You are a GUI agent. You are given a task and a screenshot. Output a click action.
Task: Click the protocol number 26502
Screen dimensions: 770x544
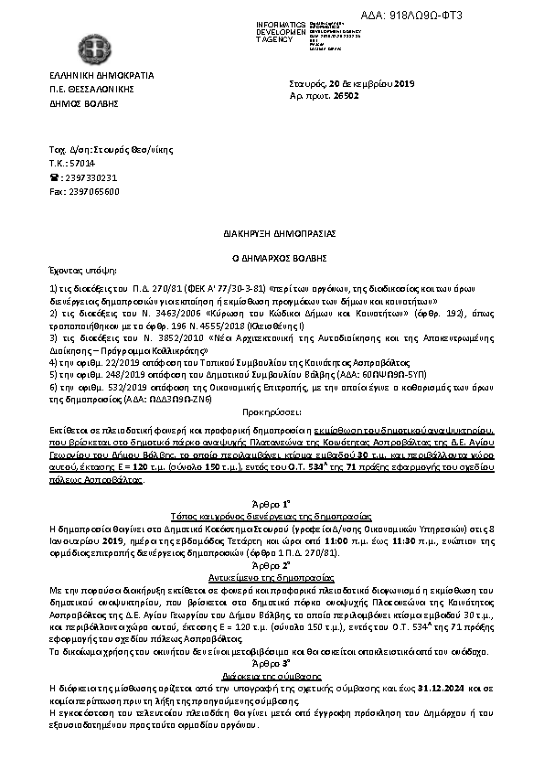(x=384, y=95)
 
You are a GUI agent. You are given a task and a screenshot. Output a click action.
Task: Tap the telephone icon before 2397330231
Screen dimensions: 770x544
(x=53, y=177)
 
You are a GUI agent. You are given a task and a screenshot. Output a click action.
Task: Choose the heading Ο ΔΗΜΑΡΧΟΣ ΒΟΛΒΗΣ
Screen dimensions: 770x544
(x=271, y=259)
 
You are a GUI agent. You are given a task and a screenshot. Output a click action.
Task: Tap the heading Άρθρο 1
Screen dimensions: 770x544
(x=271, y=504)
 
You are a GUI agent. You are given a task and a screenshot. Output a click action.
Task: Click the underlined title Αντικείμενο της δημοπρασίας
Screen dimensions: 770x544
(x=271, y=579)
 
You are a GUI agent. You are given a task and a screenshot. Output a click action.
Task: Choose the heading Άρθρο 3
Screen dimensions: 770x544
(x=271, y=660)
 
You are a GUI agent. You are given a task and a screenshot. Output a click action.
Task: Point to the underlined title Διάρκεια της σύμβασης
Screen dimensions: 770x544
(x=271, y=672)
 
